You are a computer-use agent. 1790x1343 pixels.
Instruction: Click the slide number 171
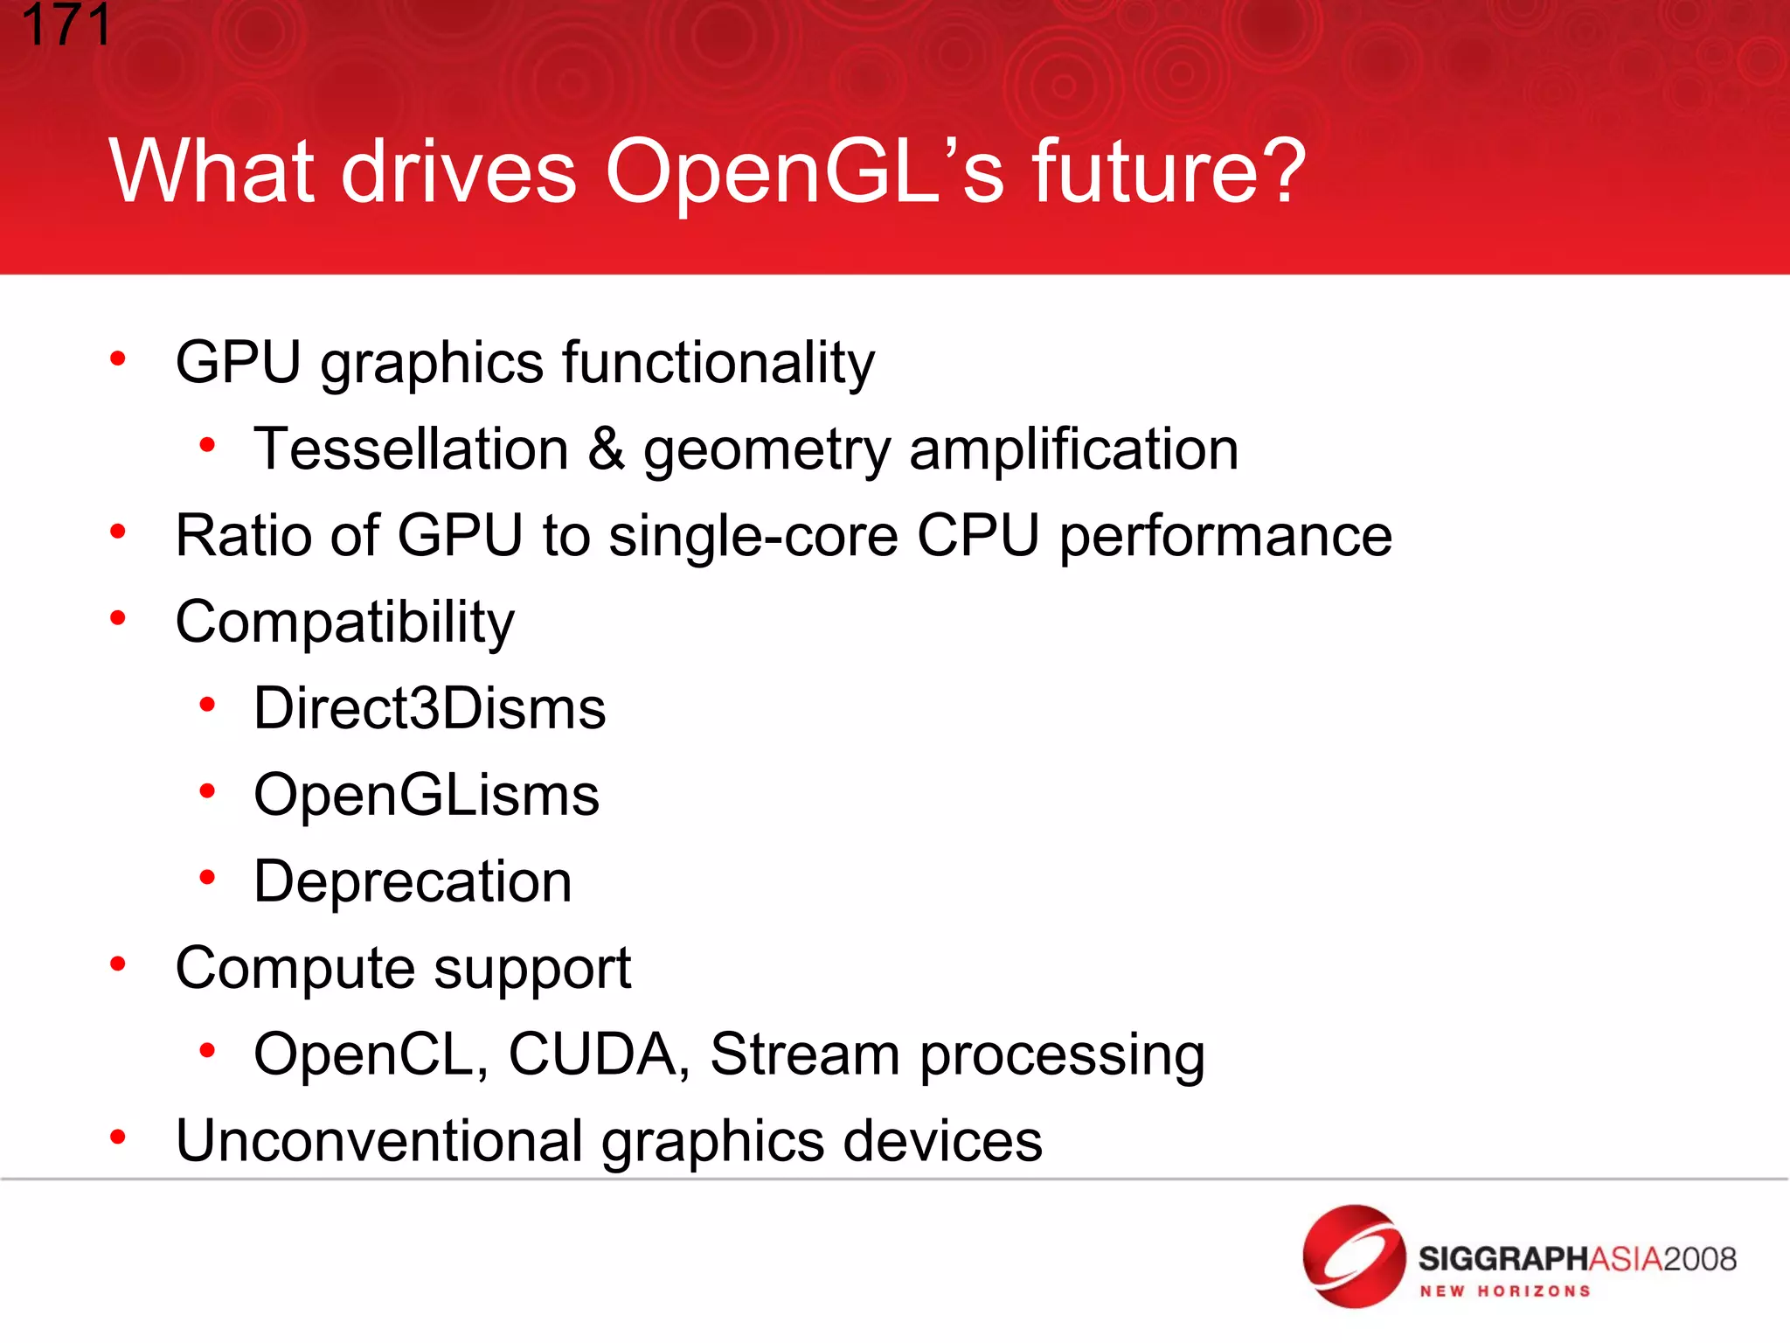(66, 24)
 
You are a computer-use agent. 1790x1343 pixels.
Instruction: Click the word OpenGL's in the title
(804, 171)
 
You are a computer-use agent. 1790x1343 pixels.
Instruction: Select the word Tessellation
(411, 449)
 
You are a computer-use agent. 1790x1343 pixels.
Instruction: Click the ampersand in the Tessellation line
(606, 449)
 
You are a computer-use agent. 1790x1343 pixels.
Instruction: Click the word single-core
(753, 535)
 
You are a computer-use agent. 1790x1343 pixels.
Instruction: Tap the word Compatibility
(344, 623)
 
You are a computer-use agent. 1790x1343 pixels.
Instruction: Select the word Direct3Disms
(429, 708)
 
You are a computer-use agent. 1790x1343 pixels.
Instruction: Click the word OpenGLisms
(426, 795)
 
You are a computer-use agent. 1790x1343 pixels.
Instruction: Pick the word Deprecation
(413, 881)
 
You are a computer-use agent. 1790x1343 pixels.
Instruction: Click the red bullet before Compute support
(118, 964)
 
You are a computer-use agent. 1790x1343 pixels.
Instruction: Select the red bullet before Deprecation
(207, 877)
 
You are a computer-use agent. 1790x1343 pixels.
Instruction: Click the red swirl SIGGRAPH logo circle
(1353, 1256)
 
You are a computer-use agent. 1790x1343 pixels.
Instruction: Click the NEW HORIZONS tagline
(1504, 1291)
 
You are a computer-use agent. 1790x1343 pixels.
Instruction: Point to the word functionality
(718, 362)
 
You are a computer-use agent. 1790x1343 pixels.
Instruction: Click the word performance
(1225, 535)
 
